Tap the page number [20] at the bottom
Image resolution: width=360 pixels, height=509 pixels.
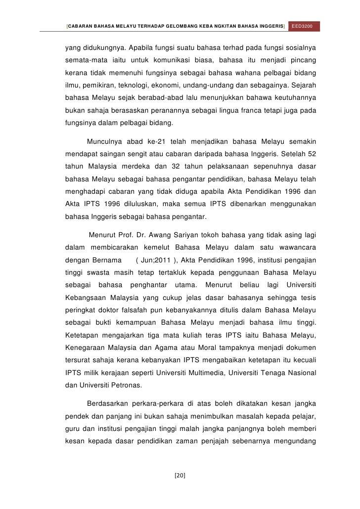click(180, 475)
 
